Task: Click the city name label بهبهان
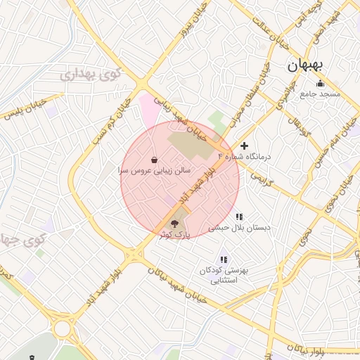click(304, 65)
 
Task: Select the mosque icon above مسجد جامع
click(320, 84)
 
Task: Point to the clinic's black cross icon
click(244, 146)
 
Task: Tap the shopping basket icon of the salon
click(154, 160)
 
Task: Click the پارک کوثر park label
click(175, 233)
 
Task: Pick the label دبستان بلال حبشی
click(239, 228)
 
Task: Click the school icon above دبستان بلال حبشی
click(239, 217)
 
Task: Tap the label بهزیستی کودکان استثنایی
click(224, 275)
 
